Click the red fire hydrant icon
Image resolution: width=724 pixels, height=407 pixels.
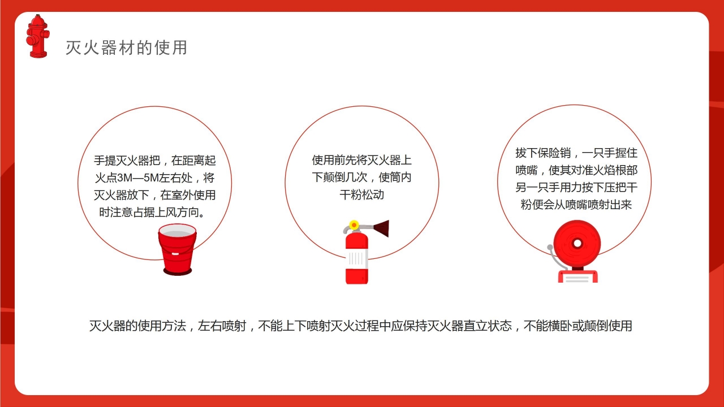tap(37, 37)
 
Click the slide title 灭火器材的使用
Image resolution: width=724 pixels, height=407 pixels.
tap(126, 48)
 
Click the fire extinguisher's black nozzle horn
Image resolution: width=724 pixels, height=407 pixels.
tap(381, 228)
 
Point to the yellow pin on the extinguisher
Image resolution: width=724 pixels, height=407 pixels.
tap(354, 225)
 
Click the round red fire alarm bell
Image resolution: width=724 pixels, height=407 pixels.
tap(578, 243)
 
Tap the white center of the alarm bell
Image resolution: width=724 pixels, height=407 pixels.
tap(578, 244)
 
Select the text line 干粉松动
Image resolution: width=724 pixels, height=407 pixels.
tap(361, 195)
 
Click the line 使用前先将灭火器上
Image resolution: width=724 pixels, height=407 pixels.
tap(361, 161)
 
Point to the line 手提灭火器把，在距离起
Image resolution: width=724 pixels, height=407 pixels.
tap(154, 161)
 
